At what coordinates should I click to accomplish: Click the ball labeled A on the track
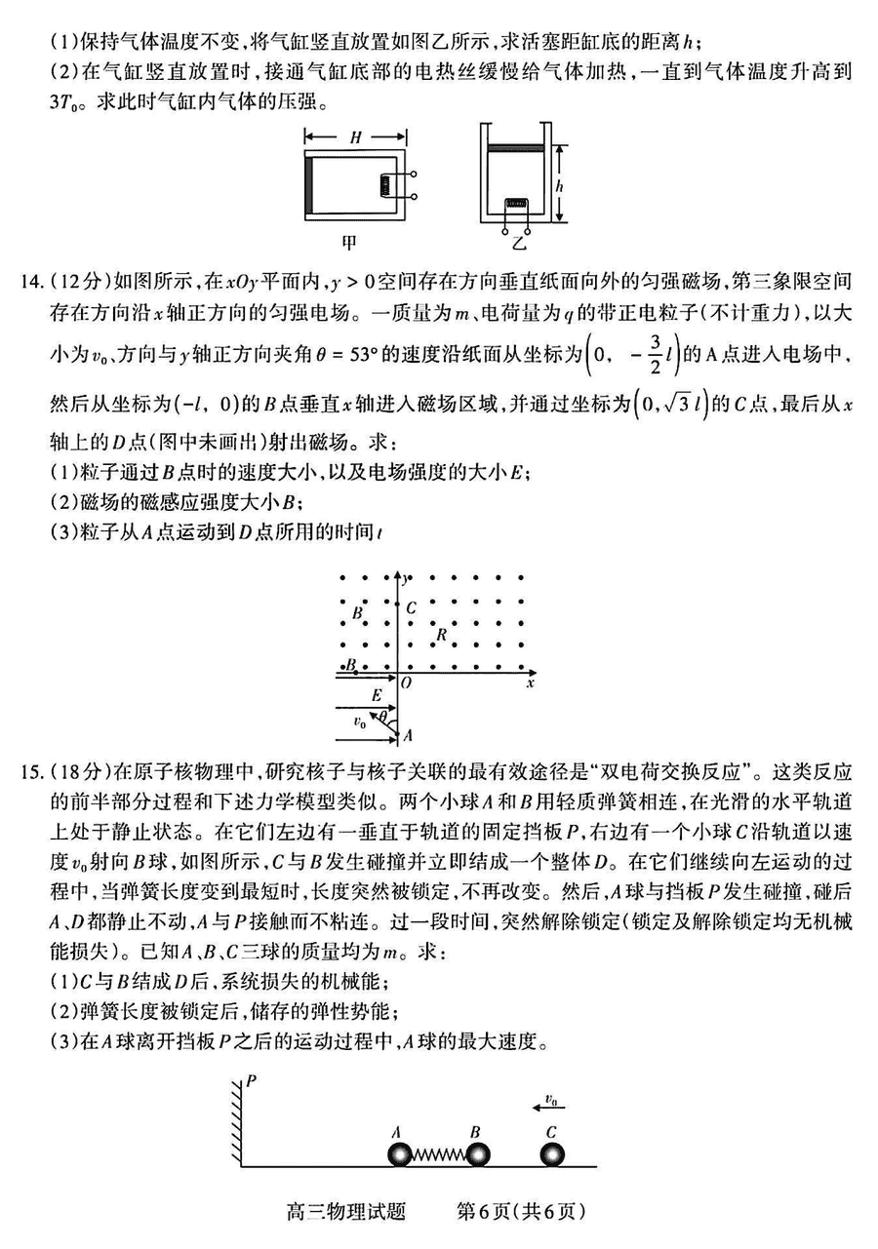tap(401, 1154)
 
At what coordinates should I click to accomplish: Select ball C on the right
tap(552, 1154)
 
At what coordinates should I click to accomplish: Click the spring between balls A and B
tap(439, 1155)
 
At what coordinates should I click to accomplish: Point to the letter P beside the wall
tap(251, 1081)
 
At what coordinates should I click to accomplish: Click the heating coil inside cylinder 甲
tap(389, 185)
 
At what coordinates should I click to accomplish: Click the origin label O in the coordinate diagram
tap(407, 683)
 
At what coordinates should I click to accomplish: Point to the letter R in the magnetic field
tap(441, 634)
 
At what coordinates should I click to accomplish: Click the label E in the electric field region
tap(376, 694)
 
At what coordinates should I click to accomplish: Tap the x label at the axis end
tap(530, 683)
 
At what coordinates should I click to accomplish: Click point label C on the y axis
tap(412, 608)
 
